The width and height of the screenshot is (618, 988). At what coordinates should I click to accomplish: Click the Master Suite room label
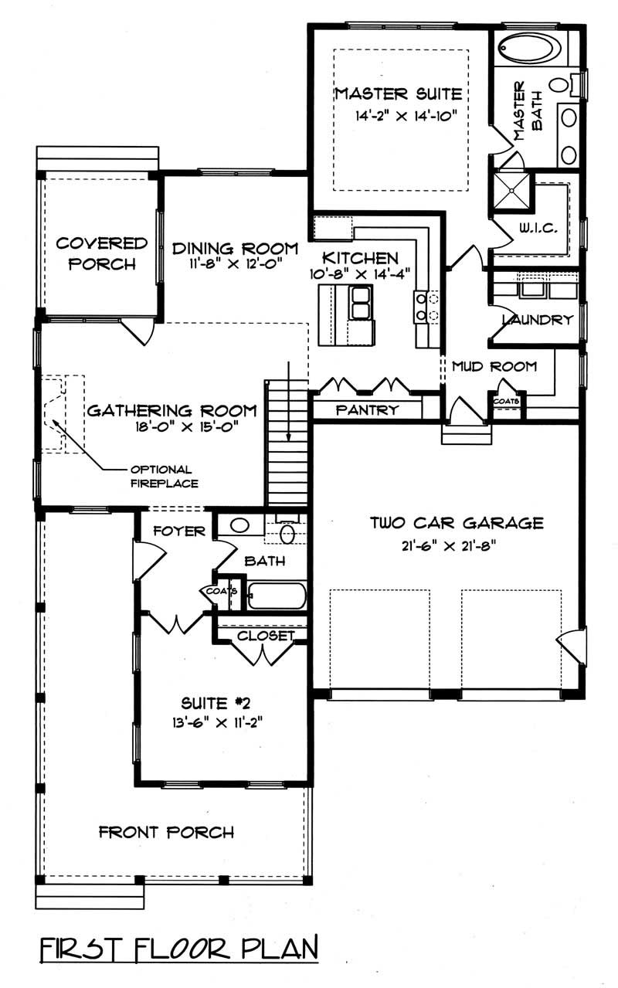click(x=398, y=94)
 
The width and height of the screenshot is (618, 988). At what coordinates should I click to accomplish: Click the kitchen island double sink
click(x=360, y=302)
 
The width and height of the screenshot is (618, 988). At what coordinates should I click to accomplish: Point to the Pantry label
click(x=367, y=410)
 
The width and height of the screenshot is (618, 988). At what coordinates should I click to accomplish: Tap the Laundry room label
click(x=537, y=320)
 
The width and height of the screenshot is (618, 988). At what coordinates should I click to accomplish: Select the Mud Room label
click(x=494, y=366)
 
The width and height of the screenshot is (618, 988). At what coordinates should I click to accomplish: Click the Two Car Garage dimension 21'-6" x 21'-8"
click(x=443, y=544)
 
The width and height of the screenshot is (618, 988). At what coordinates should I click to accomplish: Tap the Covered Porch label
click(x=101, y=253)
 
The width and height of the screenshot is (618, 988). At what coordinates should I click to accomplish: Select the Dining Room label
click(x=235, y=248)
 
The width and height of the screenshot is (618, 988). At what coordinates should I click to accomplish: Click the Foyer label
click(x=179, y=531)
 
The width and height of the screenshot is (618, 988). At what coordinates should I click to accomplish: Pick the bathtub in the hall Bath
click(x=277, y=596)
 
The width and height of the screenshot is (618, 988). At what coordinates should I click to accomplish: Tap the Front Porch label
click(x=166, y=832)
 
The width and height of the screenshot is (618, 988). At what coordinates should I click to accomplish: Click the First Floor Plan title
click(x=178, y=948)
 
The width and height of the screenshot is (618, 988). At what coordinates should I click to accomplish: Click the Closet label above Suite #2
click(x=266, y=636)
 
